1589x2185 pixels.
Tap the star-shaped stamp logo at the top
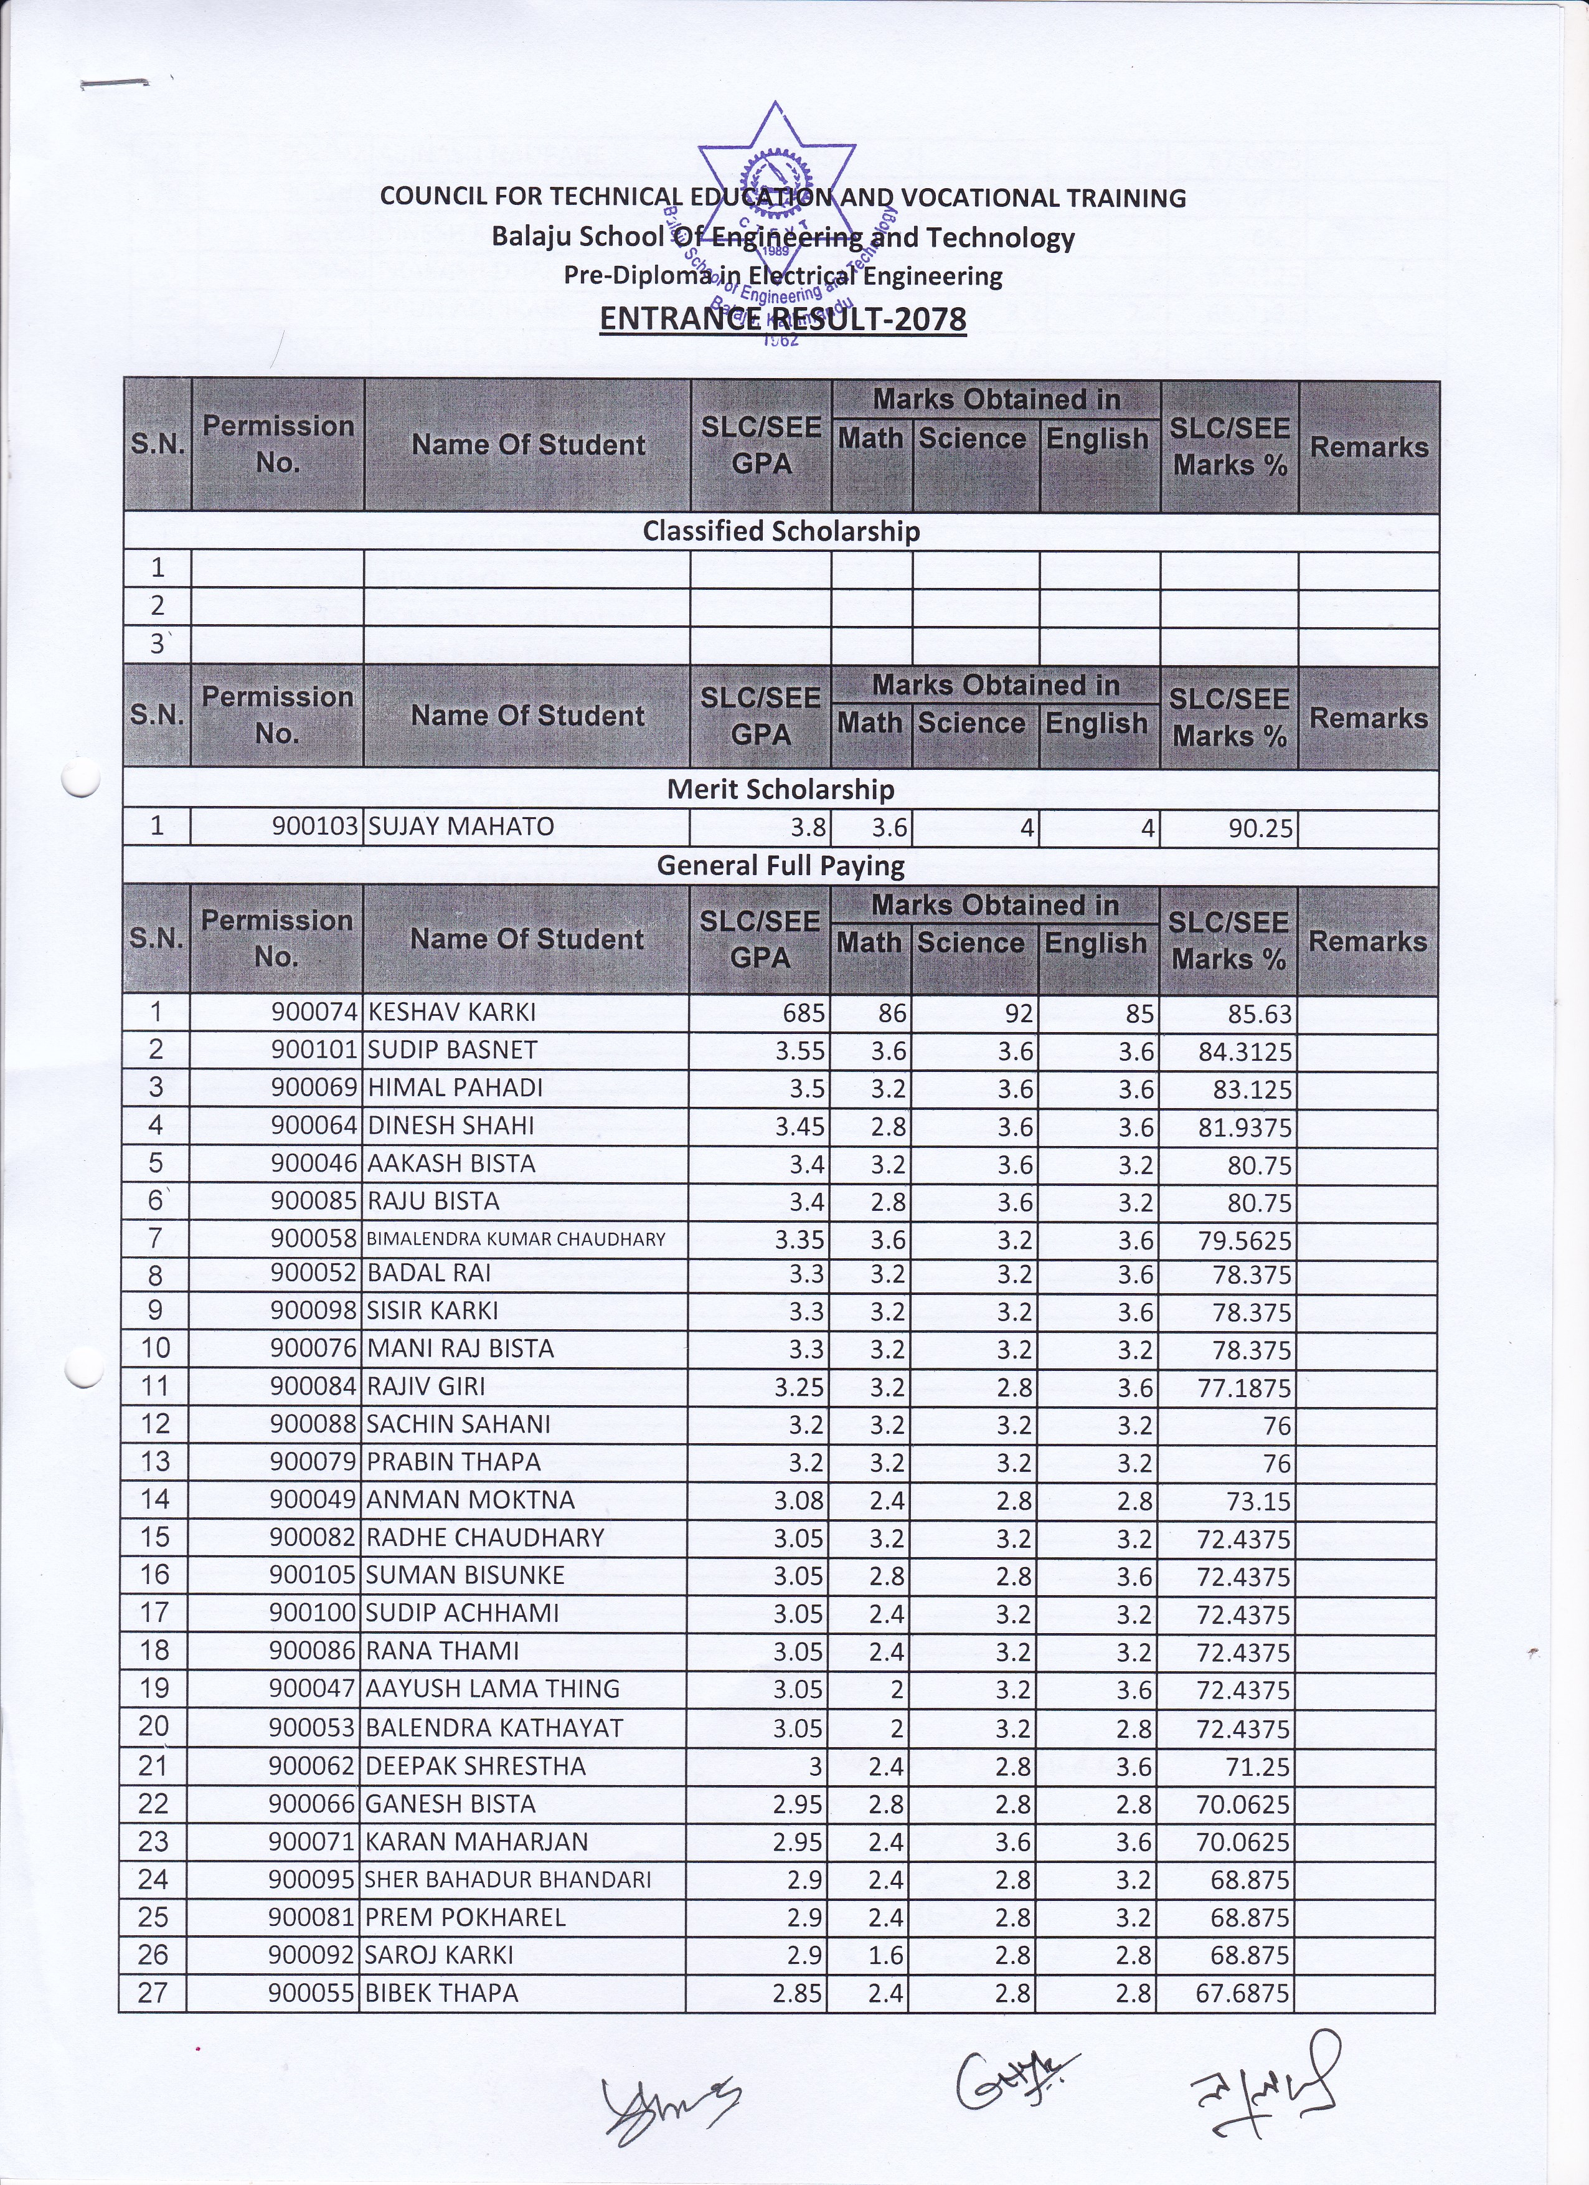point(776,183)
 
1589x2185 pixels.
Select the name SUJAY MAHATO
point(461,827)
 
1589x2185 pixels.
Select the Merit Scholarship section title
point(781,789)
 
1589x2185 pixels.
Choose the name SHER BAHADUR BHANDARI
point(509,1880)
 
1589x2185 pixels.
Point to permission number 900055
point(313,1993)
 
